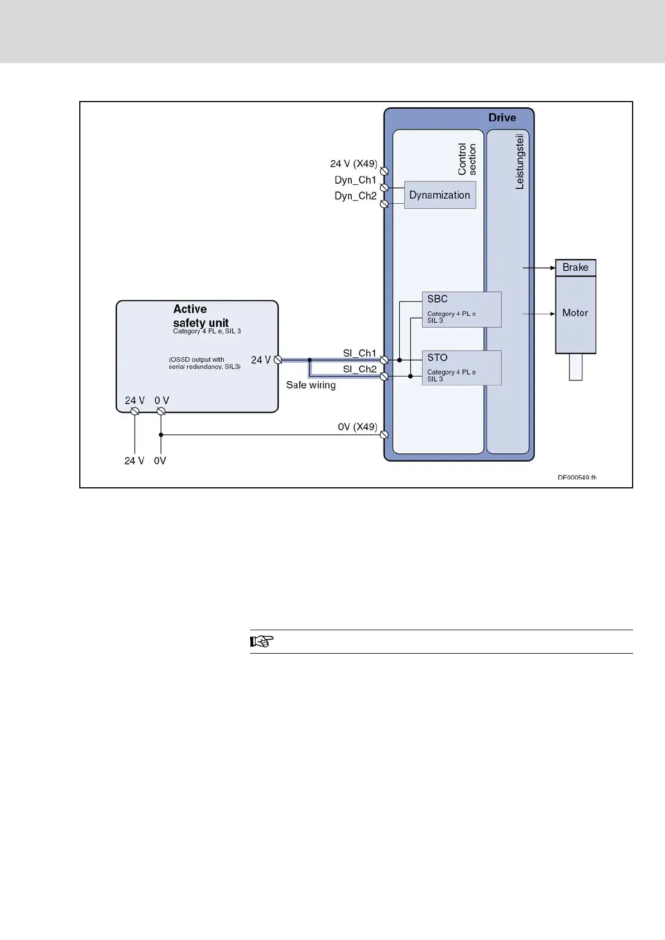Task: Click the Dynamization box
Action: [440, 195]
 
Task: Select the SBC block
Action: [461, 309]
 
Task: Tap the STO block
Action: [461, 368]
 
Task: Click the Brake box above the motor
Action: [576, 267]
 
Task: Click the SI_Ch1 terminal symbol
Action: [384, 360]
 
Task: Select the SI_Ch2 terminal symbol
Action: [384, 377]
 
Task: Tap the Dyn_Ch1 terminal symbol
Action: [384, 188]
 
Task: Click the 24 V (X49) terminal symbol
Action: [384, 171]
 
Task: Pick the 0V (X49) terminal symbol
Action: [384, 435]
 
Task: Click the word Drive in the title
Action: [502, 118]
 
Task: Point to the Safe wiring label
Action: [311, 385]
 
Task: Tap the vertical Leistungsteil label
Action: [520, 161]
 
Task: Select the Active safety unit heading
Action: [200, 316]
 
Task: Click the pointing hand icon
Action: [261, 641]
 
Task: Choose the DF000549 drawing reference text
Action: [577, 478]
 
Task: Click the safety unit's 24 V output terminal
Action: [278, 360]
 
